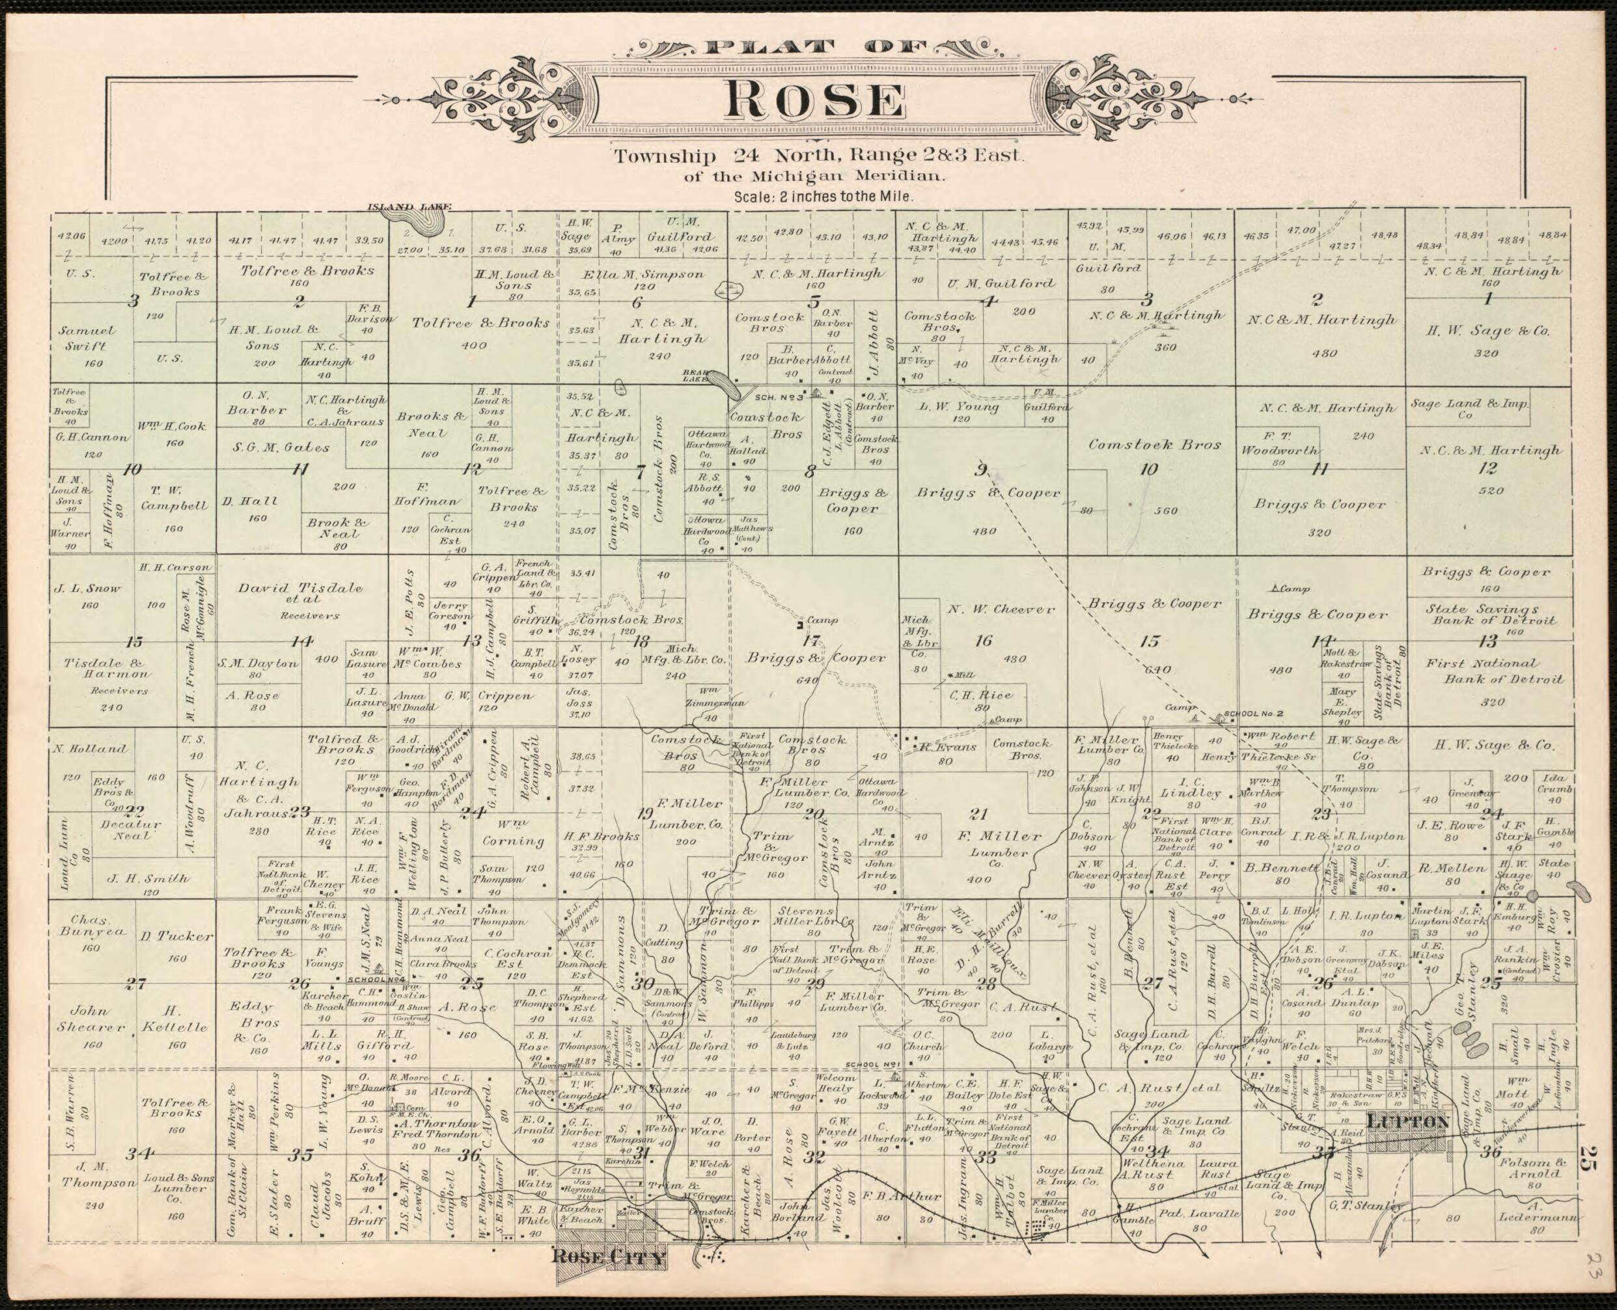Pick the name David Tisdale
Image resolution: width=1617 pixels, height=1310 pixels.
(x=300, y=589)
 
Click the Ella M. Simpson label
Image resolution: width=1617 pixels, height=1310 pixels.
(x=644, y=275)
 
